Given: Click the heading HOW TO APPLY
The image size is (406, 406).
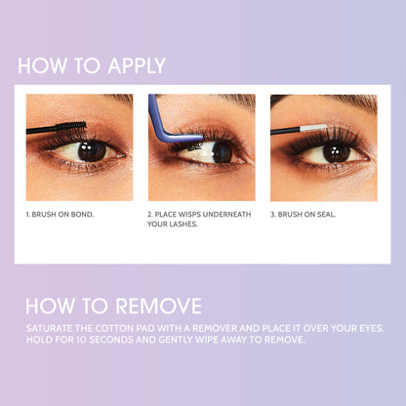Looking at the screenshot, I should (92, 66).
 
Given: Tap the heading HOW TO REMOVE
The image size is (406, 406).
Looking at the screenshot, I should (113, 304).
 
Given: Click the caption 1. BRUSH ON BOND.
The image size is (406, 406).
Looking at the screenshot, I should (61, 213).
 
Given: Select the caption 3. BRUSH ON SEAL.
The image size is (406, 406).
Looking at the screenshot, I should (304, 213).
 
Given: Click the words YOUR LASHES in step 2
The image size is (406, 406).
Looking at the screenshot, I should (174, 224).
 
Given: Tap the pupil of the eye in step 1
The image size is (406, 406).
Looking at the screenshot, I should (93, 150).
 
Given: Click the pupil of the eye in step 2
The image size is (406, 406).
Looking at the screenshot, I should (222, 151).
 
